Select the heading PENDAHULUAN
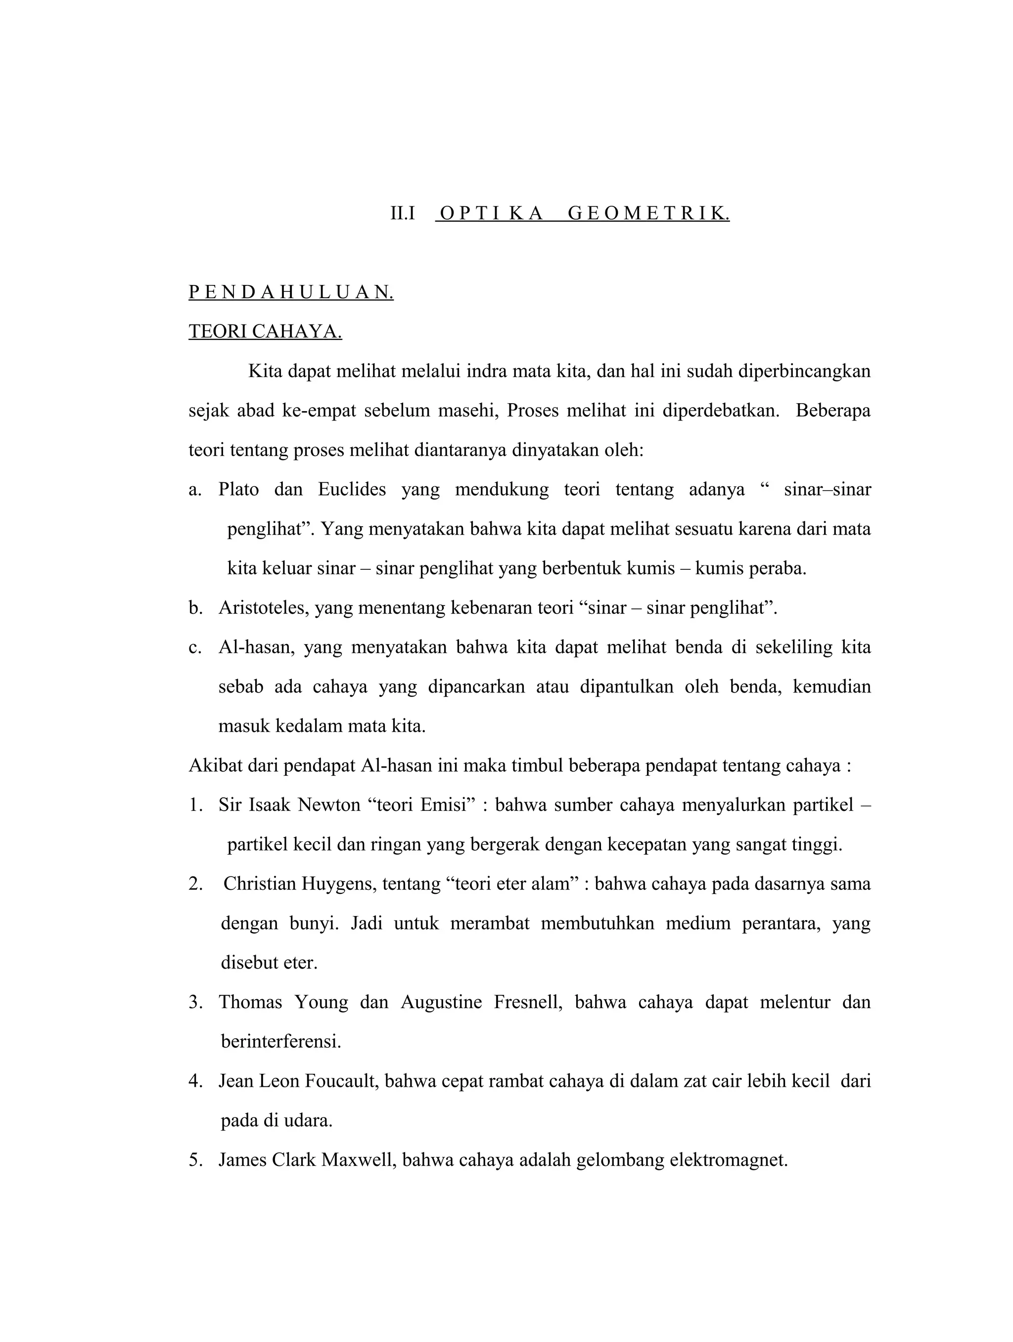click(x=291, y=292)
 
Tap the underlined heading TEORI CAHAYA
click(x=265, y=332)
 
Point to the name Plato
click(x=238, y=489)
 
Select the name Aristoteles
click(x=264, y=607)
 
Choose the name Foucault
click(x=340, y=1081)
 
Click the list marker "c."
click(x=195, y=648)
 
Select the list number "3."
click(x=195, y=1002)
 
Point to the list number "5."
click(x=195, y=1160)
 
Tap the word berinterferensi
click(x=281, y=1042)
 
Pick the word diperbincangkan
click(x=804, y=371)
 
